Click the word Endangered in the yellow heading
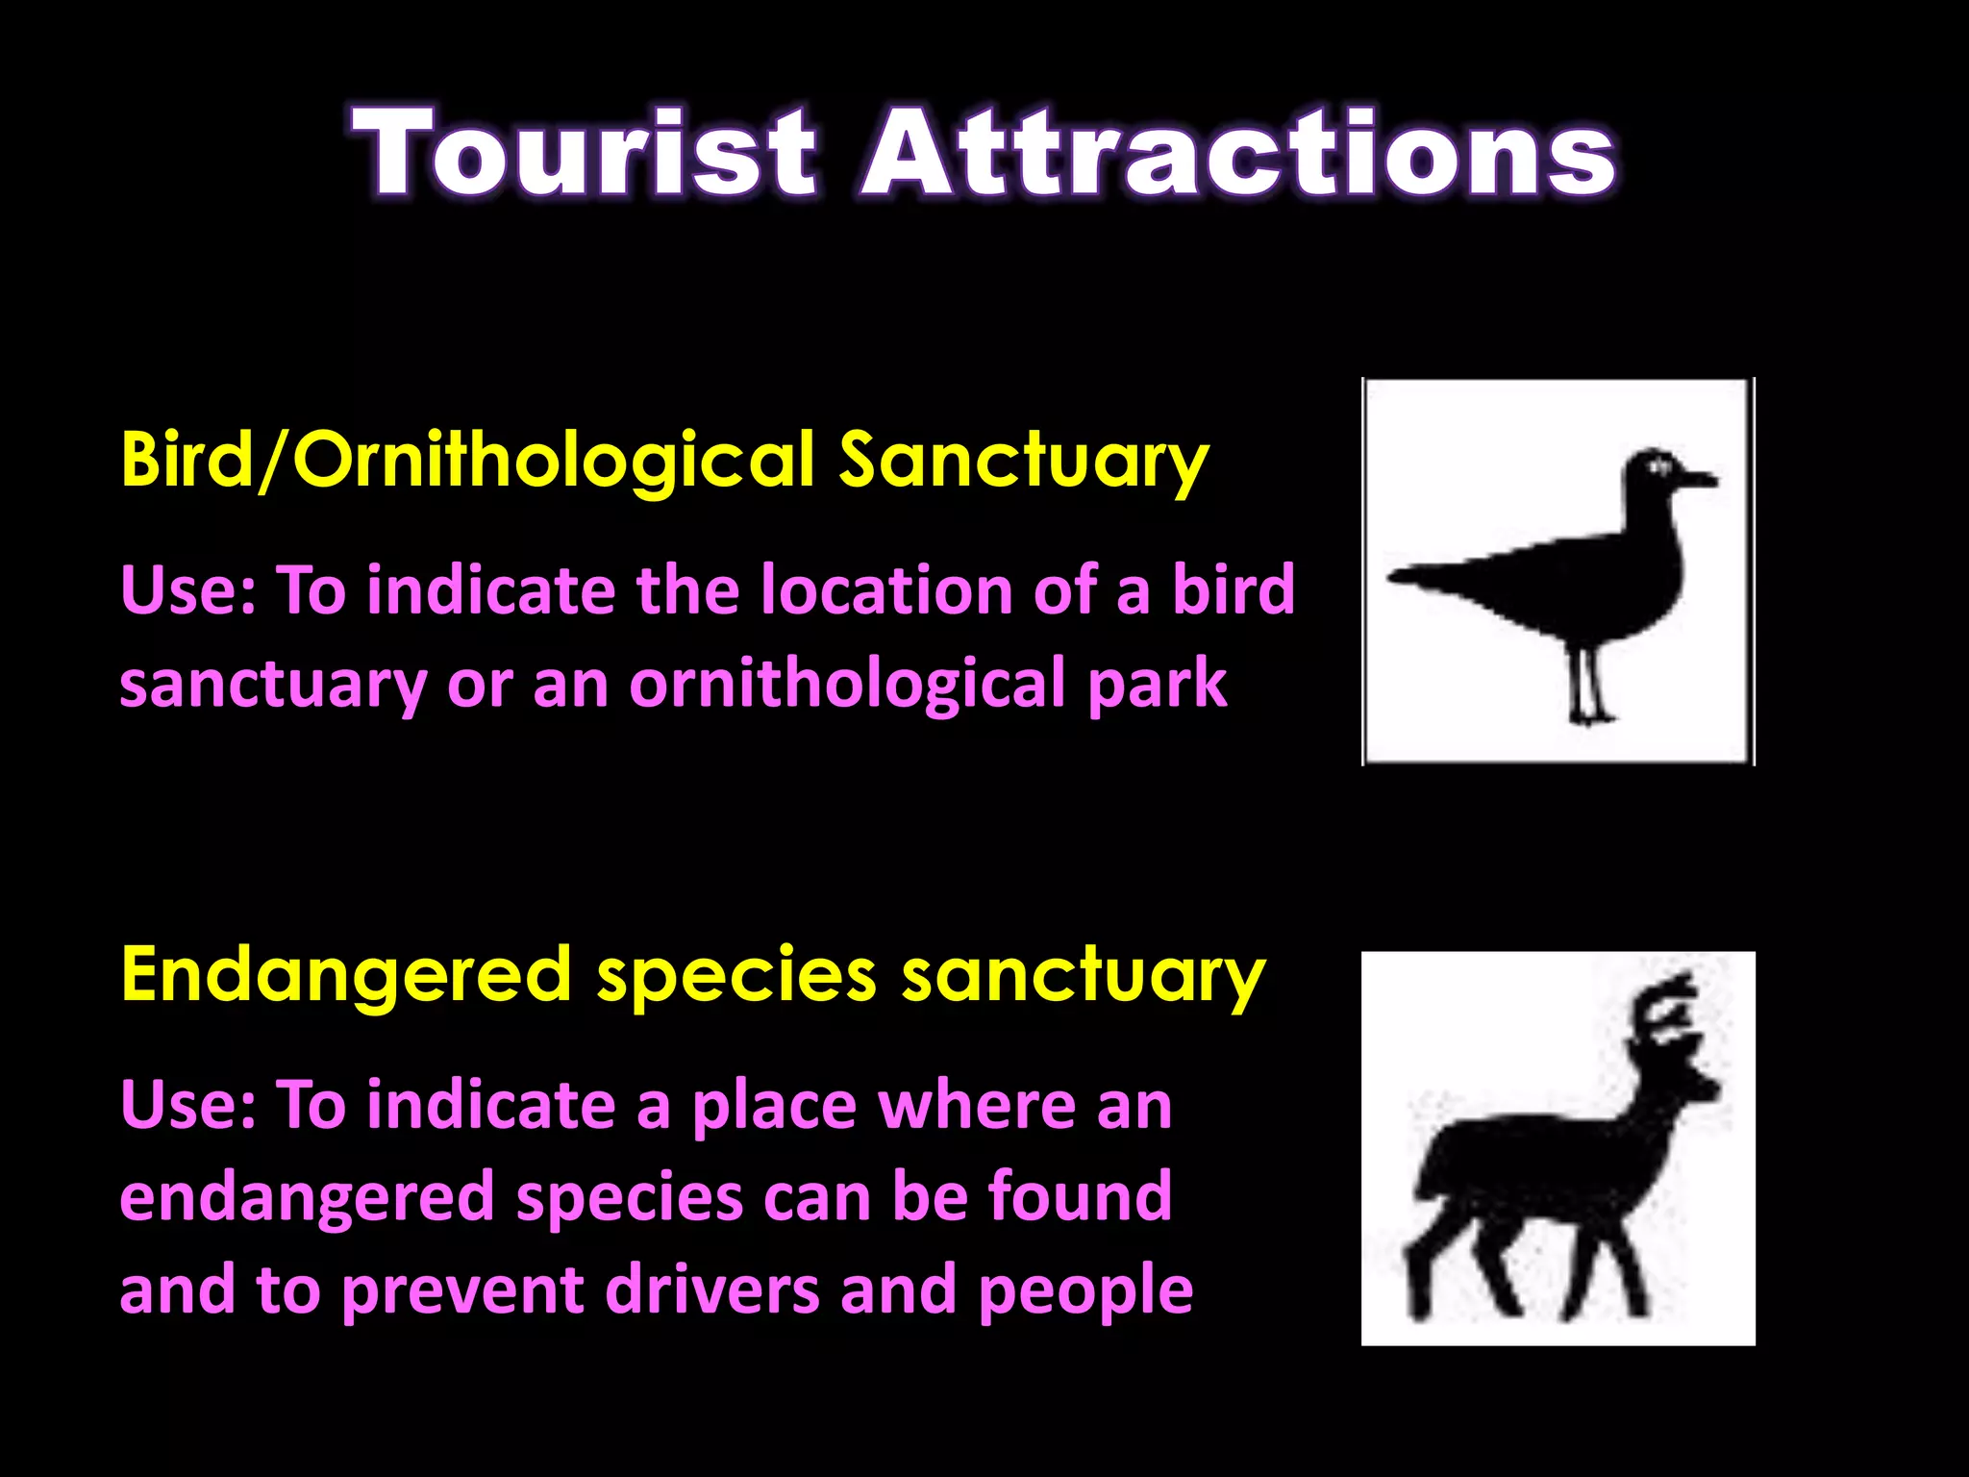pos(346,975)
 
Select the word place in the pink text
pos(774,1106)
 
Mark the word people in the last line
pos(1085,1291)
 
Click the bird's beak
pos(1696,479)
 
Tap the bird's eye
pos(1659,467)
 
